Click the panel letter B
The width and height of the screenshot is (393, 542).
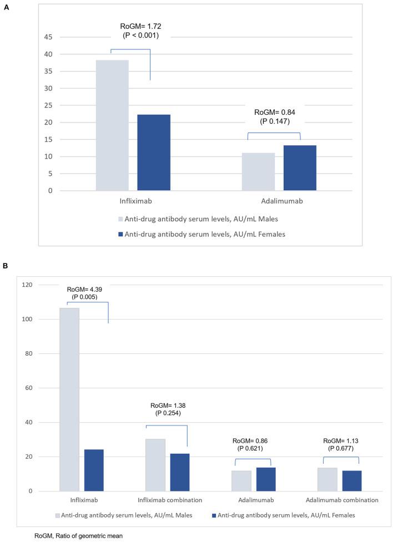coord(6,265)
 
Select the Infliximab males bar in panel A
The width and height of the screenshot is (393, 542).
coord(112,125)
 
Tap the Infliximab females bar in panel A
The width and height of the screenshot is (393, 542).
coord(154,153)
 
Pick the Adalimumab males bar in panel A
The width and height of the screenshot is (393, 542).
coord(258,171)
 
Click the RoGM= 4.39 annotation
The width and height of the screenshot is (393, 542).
coord(85,289)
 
